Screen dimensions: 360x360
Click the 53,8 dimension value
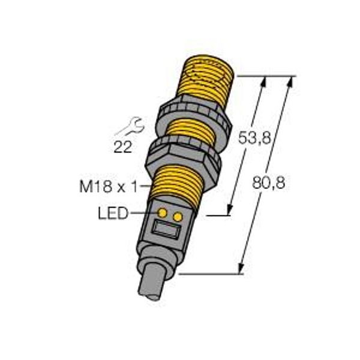click(254, 138)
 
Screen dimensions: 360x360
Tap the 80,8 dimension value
click(269, 183)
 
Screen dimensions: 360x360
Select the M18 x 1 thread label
click(109, 186)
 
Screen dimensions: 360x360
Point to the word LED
click(113, 213)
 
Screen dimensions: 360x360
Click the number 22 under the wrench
click(123, 147)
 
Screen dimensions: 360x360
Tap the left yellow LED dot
click(163, 213)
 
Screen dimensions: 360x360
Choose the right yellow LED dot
click(178, 217)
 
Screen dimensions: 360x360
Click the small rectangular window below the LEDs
click(167, 230)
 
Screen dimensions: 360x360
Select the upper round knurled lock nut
click(194, 119)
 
